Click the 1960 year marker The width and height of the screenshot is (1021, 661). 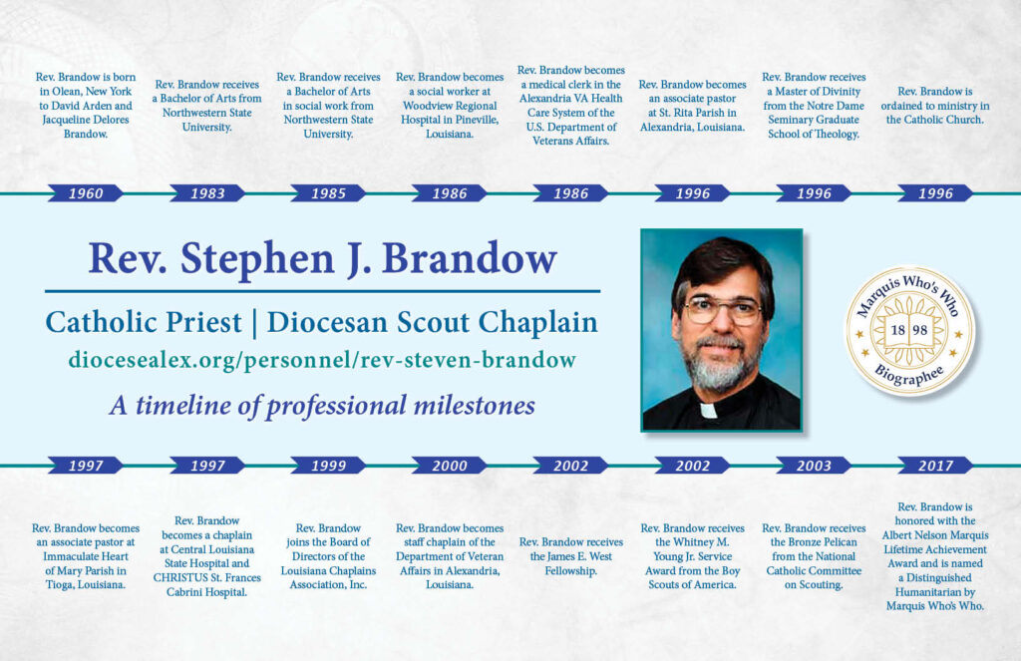[x=86, y=192]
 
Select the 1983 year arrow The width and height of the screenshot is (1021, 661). [x=207, y=192]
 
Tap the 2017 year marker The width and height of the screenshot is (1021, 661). [x=935, y=465]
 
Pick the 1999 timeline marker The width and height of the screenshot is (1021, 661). [x=328, y=465]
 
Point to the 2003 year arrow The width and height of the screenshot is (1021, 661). [x=814, y=465]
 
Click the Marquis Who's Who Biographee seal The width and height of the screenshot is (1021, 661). [x=909, y=330]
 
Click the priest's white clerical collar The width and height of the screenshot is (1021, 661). [x=708, y=411]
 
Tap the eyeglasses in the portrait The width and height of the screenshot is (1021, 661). [x=722, y=310]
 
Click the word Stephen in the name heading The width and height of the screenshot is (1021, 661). [x=256, y=258]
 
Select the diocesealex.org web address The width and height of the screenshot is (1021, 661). [x=322, y=360]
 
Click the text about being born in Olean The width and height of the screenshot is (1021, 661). [x=86, y=105]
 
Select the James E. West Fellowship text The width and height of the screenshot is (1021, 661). [x=571, y=556]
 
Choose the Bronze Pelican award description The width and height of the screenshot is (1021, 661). [x=814, y=556]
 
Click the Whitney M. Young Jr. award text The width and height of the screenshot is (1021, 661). [x=692, y=556]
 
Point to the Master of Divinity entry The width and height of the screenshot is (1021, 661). [x=814, y=105]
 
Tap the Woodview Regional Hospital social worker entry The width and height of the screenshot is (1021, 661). [x=450, y=105]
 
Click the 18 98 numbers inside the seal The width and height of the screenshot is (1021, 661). [x=909, y=330]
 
